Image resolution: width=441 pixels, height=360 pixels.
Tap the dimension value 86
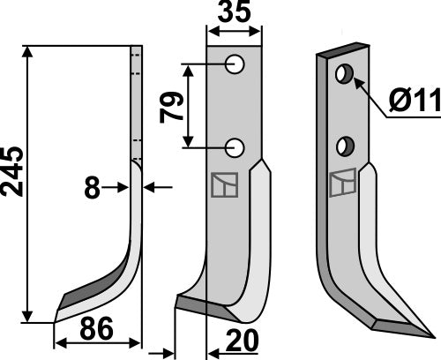click(x=96, y=332)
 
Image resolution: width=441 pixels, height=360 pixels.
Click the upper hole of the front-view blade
click(x=235, y=64)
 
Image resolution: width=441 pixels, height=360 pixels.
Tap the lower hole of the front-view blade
click(x=235, y=146)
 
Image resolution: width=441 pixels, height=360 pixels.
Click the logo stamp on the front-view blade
click(x=224, y=185)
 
